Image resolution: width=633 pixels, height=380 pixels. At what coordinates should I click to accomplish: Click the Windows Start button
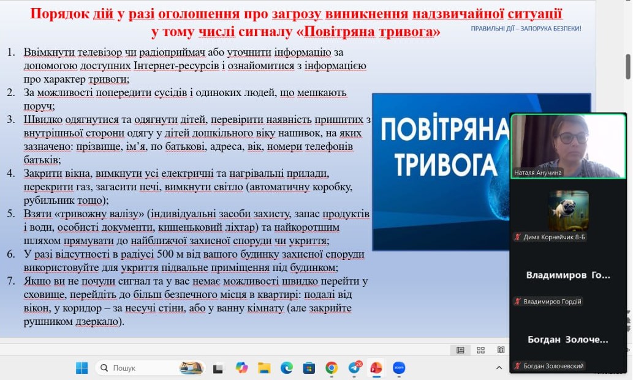[x=81, y=368]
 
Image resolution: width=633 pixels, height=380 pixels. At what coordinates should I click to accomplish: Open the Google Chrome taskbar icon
[x=332, y=368]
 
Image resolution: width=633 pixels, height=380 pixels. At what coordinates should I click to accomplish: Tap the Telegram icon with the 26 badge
[x=354, y=367]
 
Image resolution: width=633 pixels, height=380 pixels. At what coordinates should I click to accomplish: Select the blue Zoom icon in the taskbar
[x=399, y=368]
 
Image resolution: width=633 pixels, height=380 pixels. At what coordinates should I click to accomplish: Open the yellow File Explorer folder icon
[x=264, y=368]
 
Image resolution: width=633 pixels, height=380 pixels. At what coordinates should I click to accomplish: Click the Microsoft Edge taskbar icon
[x=287, y=368]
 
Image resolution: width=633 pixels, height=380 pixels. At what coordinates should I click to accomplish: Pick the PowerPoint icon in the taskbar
[x=376, y=368]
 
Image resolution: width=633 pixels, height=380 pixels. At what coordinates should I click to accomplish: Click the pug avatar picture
[x=569, y=210]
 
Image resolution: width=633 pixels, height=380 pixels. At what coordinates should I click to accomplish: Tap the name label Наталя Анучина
[x=538, y=173]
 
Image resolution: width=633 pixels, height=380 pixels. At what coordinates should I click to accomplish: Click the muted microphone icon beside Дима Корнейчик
[x=518, y=237]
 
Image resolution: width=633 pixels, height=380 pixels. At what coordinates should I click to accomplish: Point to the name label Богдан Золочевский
[x=553, y=366]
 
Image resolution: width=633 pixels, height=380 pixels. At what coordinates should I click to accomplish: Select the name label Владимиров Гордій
[x=552, y=302]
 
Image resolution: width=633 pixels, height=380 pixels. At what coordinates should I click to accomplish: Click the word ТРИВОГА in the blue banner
[x=445, y=165]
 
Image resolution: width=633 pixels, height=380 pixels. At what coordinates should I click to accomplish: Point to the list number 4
[x=11, y=173]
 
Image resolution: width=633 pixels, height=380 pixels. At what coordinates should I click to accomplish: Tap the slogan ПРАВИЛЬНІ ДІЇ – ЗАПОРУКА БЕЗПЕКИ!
[x=526, y=29]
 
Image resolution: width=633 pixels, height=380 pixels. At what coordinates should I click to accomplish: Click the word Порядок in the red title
[x=60, y=13]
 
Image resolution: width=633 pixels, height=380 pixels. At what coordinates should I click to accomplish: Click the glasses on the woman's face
[x=572, y=138]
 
